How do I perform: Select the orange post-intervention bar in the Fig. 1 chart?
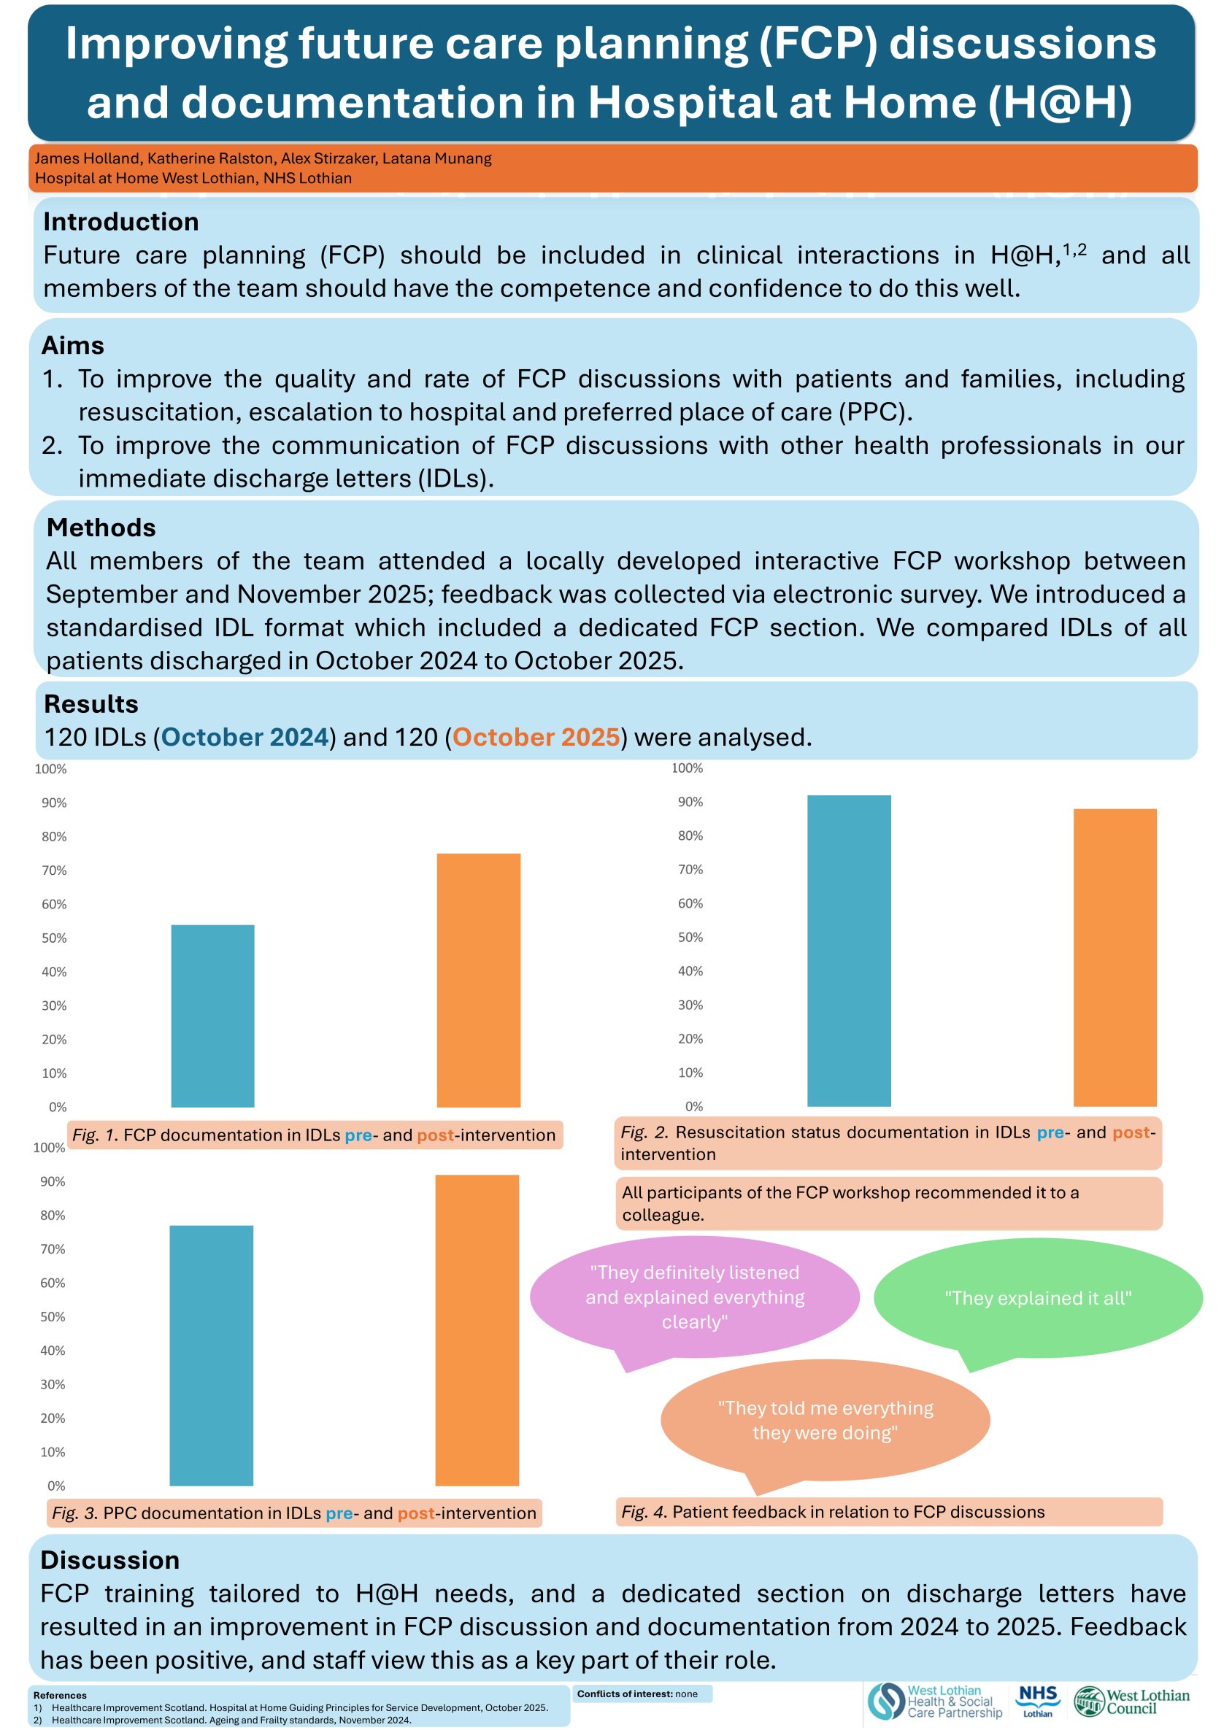pyautogui.click(x=479, y=979)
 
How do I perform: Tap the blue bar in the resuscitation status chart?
pyautogui.click(x=849, y=950)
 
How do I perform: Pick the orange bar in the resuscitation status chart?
pyautogui.click(x=1115, y=957)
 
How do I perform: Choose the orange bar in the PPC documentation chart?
pyautogui.click(x=477, y=1329)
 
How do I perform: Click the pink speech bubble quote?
pyautogui.click(x=694, y=1297)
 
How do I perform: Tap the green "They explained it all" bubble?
pyautogui.click(x=1038, y=1297)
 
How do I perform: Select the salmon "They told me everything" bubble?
pyautogui.click(x=825, y=1420)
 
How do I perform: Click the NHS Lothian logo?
pyautogui.click(x=1038, y=1702)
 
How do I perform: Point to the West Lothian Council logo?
pyautogui.click(x=1131, y=1702)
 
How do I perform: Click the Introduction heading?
pyautogui.click(x=121, y=222)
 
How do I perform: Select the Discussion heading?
pyautogui.click(x=110, y=1560)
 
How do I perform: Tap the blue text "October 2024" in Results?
pyautogui.click(x=245, y=737)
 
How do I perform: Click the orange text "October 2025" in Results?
pyautogui.click(x=536, y=737)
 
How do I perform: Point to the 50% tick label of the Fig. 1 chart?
pyautogui.click(x=54, y=938)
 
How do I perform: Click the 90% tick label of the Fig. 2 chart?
pyautogui.click(x=690, y=802)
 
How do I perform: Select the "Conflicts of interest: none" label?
pyautogui.click(x=638, y=1694)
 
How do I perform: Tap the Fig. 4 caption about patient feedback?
pyautogui.click(x=833, y=1512)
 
